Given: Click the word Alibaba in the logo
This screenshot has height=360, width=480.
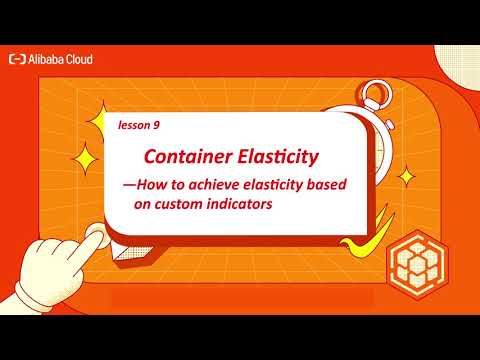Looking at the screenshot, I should (51, 59).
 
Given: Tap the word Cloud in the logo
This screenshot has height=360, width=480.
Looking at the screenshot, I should (82, 59).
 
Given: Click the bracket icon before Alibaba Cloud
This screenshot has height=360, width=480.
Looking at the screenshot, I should (18, 59).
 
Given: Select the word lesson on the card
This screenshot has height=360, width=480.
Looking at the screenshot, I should (131, 127).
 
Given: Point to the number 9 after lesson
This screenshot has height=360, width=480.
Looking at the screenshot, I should (157, 127).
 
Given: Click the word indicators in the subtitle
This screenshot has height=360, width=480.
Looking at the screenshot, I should (246, 203).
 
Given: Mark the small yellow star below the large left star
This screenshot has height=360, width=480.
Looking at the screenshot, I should (85, 160).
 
